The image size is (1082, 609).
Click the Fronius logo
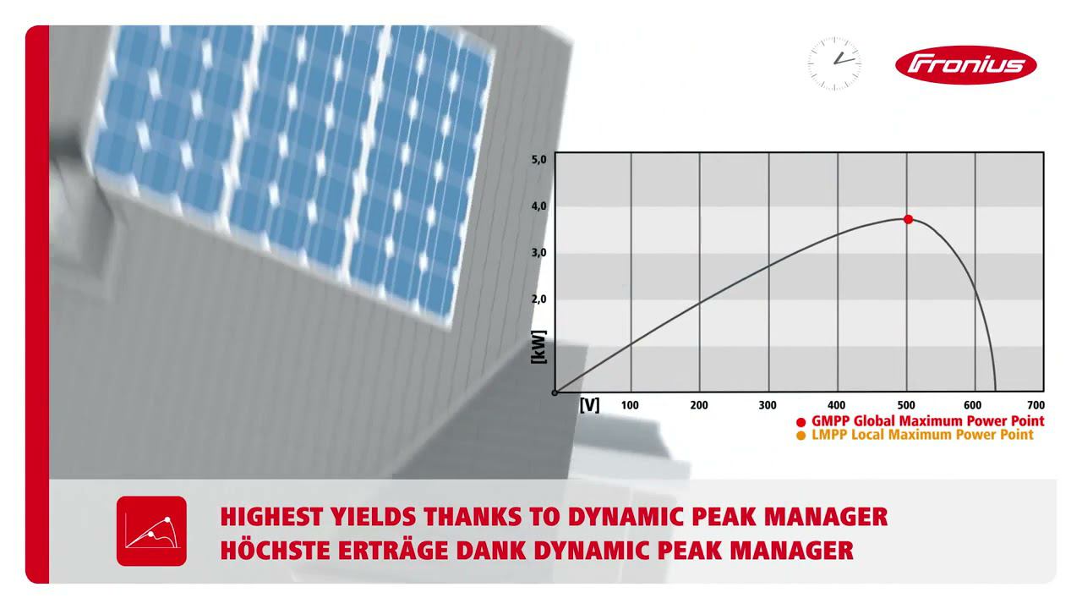click(965, 65)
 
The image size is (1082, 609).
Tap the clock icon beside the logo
click(834, 63)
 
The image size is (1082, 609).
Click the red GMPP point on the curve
click(909, 219)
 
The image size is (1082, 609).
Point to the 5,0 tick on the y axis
click(539, 159)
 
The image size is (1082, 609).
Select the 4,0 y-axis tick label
click(539, 206)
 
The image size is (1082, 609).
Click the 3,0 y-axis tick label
click(539, 252)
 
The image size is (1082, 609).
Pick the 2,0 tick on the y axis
click(539, 299)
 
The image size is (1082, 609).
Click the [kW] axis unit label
click(538, 347)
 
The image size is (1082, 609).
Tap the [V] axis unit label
click(589, 405)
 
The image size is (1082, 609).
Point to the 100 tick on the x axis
click(630, 405)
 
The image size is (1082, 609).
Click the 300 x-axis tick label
click(768, 405)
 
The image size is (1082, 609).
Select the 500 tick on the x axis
click(905, 405)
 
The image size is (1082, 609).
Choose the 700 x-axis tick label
click(1036, 405)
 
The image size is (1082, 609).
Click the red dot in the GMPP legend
click(801, 421)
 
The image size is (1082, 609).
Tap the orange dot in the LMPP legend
click(801, 436)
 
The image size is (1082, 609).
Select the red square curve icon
click(151, 531)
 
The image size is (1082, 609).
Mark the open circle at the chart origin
click(555, 392)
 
